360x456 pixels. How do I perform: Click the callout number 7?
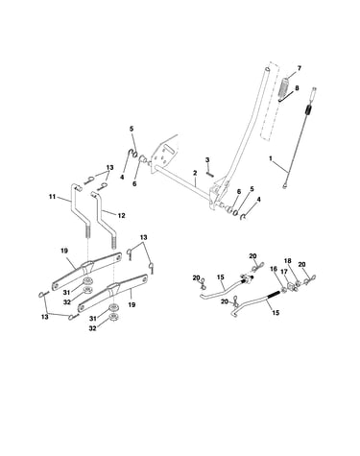[300, 68]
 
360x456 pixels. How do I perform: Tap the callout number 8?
[297, 87]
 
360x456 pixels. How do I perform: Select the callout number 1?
[271, 158]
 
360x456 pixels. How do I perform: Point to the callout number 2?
[195, 173]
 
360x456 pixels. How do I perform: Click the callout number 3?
[207, 159]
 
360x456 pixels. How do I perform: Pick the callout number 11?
[53, 197]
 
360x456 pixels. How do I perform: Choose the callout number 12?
[121, 215]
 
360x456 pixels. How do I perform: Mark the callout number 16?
[274, 269]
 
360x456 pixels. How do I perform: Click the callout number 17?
[284, 272]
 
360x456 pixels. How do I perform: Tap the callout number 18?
[288, 261]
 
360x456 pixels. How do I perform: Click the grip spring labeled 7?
[284, 87]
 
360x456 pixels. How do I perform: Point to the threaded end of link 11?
[87, 230]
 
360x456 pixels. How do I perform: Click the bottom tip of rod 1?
[284, 185]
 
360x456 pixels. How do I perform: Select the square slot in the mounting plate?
[168, 149]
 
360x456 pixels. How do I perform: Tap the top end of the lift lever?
[267, 69]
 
